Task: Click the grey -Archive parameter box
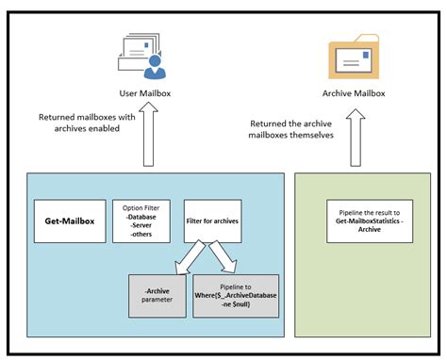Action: click(157, 293)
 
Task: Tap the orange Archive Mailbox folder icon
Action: click(355, 57)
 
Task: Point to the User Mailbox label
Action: click(141, 93)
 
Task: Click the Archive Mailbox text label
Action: click(355, 93)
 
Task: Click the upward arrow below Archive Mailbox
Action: click(355, 137)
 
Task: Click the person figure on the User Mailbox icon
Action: click(155, 66)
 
